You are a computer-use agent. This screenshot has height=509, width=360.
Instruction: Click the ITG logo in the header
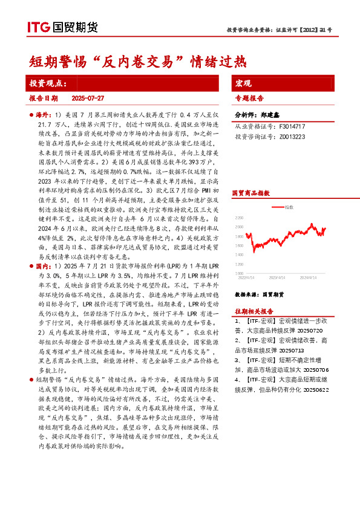[x=38, y=27]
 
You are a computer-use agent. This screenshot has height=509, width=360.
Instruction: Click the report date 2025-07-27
[x=88, y=98]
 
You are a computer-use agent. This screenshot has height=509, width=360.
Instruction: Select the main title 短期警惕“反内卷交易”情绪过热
[x=139, y=61]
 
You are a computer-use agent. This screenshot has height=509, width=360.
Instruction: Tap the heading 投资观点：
[x=48, y=83]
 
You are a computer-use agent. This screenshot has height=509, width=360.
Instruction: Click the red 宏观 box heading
[x=243, y=83]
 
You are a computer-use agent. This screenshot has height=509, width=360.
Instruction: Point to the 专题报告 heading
[x=249, y=98]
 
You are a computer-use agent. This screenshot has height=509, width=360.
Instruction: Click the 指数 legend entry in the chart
[x=289, y=207]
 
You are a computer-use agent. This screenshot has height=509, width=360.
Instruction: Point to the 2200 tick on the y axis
[x=239, y=218]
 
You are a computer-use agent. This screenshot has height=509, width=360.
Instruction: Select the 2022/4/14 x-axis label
[x=246, y=278]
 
